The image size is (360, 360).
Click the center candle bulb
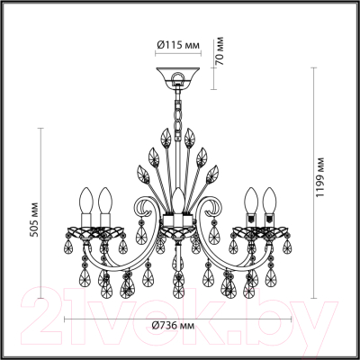click(179, 200)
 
